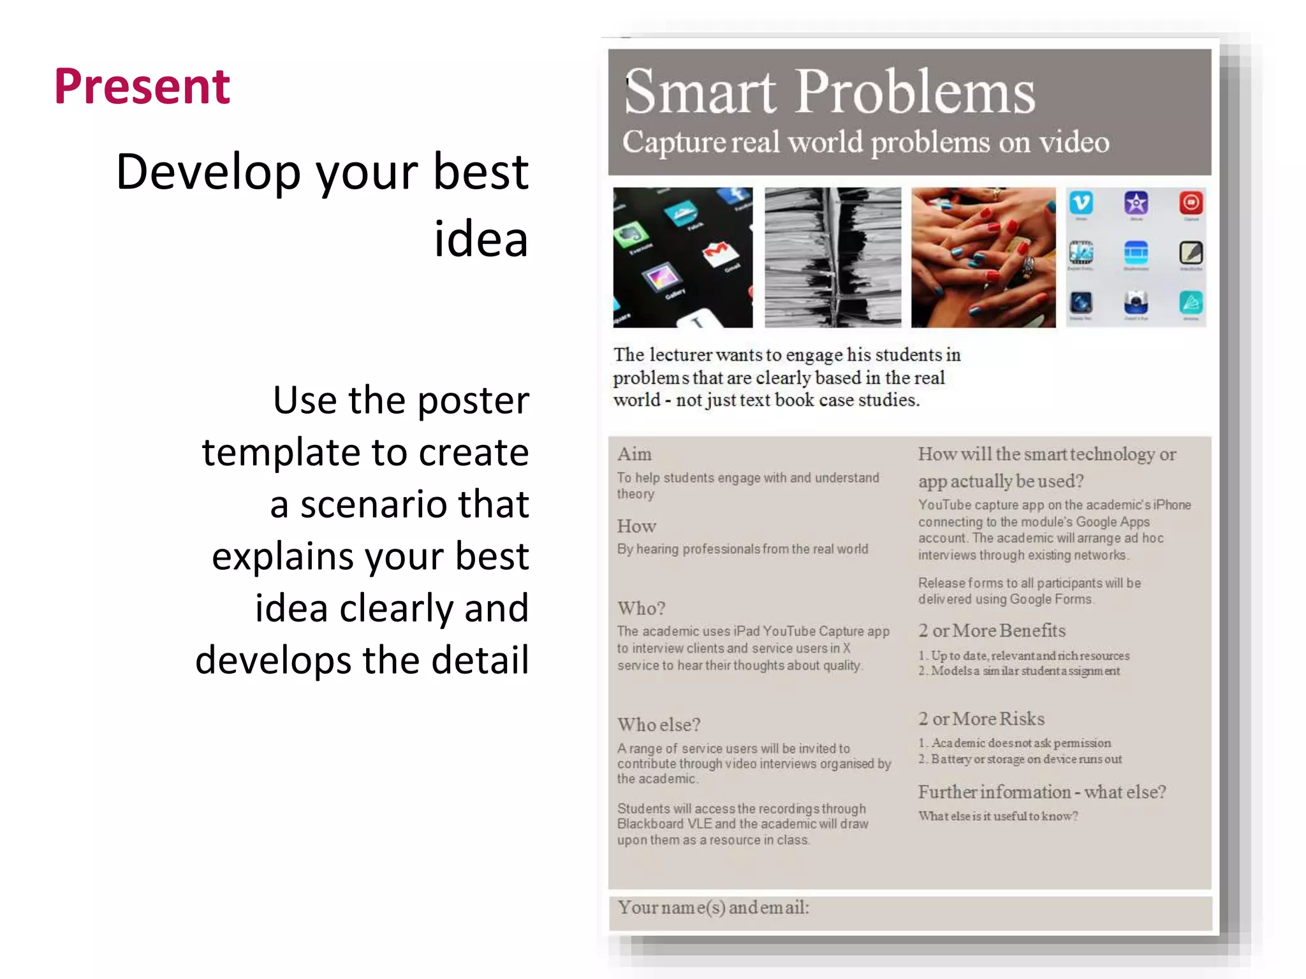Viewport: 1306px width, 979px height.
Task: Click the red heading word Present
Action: pos(142,87)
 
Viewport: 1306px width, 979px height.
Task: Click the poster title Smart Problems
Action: pos(829,92)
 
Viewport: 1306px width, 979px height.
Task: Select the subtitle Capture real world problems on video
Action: pos(865,142)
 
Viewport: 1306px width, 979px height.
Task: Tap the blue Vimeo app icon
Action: pos(1081,203)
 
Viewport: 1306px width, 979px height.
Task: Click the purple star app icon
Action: pos(1136,203)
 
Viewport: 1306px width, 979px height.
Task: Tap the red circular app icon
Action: pos(1191,203)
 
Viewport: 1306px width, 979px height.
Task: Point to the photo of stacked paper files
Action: pos(832,257)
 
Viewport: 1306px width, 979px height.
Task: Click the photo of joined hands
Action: pos(983,257)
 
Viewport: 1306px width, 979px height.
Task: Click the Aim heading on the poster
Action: pos(634,454)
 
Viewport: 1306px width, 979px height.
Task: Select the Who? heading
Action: pos(641,609)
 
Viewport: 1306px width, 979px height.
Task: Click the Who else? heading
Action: pos(659,725)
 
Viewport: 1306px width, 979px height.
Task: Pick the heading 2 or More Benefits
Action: pos(992,631)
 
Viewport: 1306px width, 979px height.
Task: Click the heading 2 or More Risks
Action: pos(981,720)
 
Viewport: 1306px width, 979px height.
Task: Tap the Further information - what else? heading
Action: pos(1041,793)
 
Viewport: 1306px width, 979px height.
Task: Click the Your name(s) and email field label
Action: pos(713,908)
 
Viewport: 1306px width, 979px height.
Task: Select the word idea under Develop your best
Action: pos(481,240)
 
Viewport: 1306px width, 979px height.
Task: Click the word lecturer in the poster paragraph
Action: pos(680,355)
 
